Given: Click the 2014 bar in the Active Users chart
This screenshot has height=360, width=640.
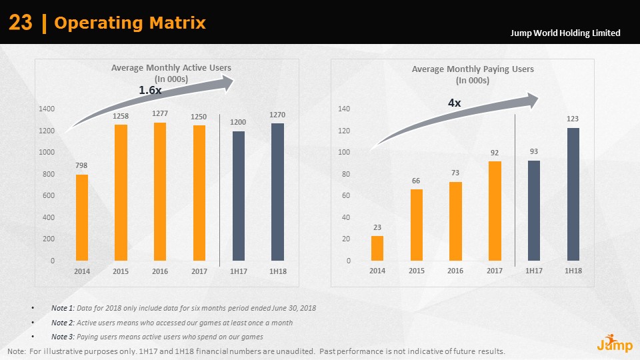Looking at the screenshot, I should click(x=82, y=217).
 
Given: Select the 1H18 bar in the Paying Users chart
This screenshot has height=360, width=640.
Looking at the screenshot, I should click(x=573, y=194).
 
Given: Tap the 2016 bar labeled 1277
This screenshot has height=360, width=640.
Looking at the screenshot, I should click(x=159, y=191).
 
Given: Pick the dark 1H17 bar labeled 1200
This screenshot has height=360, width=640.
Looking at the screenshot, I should click(x=238, y=195).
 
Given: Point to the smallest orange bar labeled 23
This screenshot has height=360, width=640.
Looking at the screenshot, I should click(x=377, y=248).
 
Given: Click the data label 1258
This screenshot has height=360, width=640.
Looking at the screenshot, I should click(x=121, y=116).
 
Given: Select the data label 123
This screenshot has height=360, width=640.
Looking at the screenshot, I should click(x=573, y=119).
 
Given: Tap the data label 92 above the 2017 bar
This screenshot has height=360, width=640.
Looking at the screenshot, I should click(x=495, y=153).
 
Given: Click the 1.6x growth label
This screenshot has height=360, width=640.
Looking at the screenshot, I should click(x=150, y=89).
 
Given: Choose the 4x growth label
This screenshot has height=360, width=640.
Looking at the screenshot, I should click(x=454, y=103).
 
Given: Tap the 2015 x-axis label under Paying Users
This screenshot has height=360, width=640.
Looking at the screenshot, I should click(x=417, y=271).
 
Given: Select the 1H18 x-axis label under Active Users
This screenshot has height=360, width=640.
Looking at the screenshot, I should click(x=278, y=271).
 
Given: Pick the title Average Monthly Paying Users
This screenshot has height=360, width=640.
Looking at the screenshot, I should click(x=473, y=69).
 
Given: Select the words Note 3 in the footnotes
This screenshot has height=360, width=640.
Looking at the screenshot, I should click(x=62, y=337).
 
